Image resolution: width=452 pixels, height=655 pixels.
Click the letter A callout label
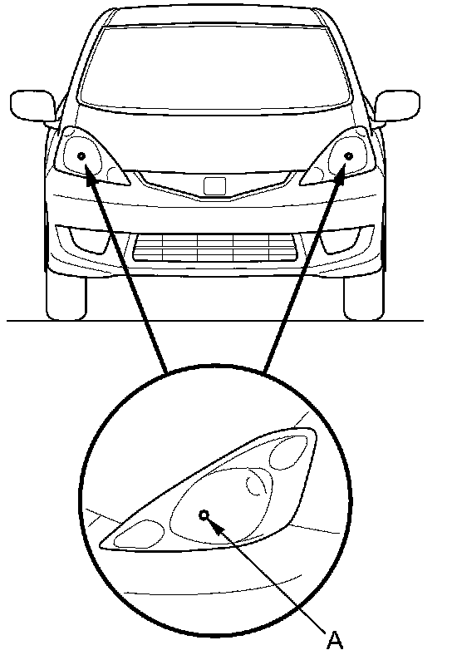pos(335,639)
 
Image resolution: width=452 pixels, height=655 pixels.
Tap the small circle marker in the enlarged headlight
pos(204,515)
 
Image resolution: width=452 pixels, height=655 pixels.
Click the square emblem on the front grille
pos(214,186)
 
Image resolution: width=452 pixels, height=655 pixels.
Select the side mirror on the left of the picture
pos(32,105)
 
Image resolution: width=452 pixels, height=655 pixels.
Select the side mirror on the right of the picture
pos(397,106)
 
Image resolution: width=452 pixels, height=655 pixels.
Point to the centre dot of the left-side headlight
pos(81,155)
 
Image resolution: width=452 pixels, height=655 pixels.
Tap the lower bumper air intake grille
pos(215,248)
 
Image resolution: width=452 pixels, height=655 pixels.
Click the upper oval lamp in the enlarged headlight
pos(288,451)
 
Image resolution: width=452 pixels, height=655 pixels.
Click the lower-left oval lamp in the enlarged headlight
pos(139,534)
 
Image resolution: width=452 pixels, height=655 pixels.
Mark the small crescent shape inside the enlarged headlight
pos(254,482)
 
